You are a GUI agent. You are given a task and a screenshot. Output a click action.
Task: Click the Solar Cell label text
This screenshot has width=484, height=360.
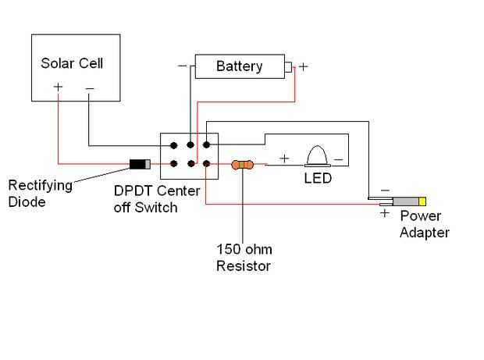tap(71, 63)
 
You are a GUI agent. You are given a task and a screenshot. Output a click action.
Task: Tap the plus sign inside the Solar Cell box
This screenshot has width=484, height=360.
tap(58, 88)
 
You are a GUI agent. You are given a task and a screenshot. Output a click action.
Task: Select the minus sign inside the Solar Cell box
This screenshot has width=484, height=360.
tap(89, 89)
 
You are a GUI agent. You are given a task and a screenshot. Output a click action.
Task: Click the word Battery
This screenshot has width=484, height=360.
tap(239, 66)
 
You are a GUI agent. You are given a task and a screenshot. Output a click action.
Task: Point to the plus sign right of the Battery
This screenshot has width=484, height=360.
tap(303, 67)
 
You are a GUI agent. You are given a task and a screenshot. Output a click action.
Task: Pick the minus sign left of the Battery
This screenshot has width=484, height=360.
tap(182, 66)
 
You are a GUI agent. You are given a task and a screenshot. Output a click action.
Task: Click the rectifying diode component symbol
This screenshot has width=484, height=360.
tap(141, 164)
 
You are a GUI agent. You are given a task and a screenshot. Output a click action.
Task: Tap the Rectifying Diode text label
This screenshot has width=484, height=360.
tap(41, 193)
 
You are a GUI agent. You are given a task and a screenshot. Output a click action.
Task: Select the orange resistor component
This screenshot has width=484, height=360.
tap(243, 165)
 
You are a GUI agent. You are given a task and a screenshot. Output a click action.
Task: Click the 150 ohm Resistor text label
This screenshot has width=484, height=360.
tap(244, 258)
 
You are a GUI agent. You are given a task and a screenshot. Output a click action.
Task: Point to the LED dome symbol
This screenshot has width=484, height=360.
tap(318, 155)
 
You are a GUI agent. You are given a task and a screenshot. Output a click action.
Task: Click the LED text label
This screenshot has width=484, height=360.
tap(318, 178)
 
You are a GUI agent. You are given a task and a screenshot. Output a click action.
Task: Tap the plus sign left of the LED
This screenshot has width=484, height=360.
tap(284, 159)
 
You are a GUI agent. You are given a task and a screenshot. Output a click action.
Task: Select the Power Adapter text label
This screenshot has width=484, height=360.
tap(425, 223)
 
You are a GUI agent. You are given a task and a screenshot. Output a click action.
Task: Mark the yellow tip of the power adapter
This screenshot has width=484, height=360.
tap(422, 201)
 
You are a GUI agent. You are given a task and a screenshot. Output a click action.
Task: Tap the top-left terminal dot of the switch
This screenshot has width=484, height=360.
tap(173, 144)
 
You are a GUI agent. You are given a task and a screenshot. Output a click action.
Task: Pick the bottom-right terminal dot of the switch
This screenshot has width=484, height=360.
tap(205, 163)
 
